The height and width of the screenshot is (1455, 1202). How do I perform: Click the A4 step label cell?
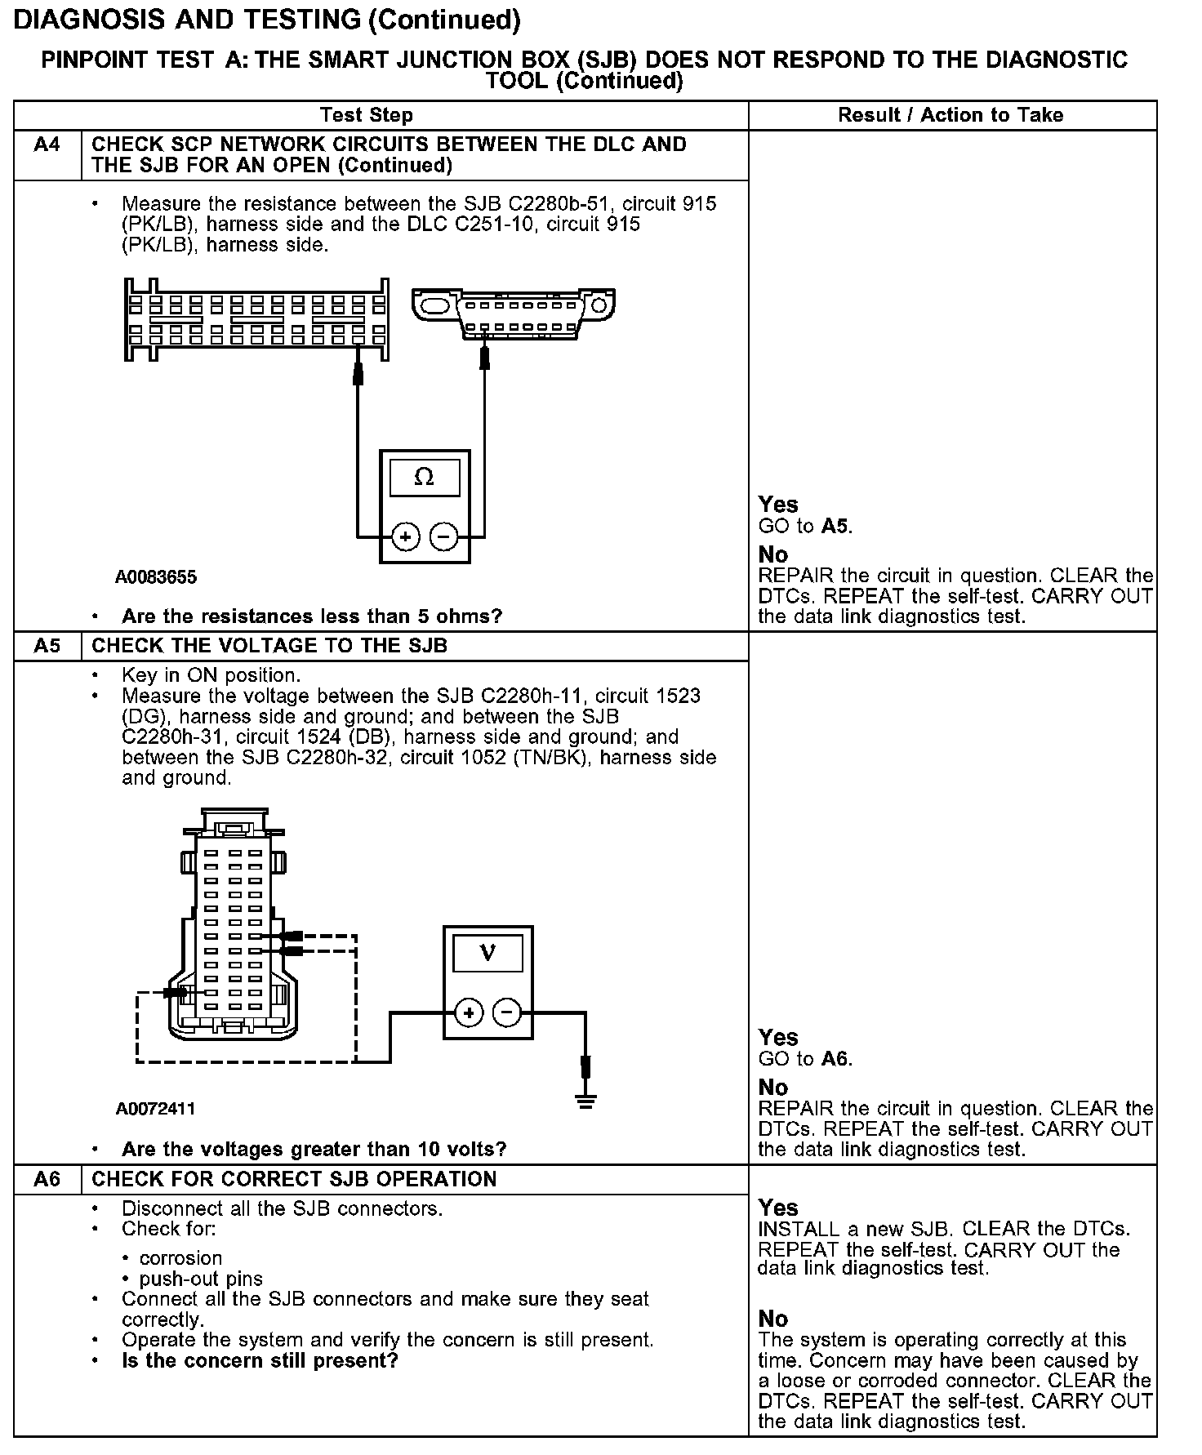pos(47,145)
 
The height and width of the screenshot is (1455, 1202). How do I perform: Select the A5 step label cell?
pos(47,646)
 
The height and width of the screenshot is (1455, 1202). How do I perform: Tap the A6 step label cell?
pos(47,1179)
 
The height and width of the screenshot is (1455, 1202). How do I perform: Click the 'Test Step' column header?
pos(367,115)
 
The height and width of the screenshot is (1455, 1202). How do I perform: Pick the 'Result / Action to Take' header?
pos(950,115)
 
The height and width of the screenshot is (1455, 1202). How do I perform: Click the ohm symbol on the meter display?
pos(425,477)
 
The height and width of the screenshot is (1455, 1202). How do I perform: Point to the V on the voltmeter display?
pos(487,953)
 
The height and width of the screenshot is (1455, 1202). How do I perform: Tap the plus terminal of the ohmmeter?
pos(406,536)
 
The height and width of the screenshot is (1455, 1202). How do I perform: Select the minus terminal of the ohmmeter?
pos(443,536)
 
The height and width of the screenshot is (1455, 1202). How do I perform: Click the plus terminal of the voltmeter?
pos(469,1013)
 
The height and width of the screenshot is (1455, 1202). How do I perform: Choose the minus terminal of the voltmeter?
pos(507,1013)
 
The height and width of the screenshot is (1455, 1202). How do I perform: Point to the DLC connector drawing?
pos(514,313)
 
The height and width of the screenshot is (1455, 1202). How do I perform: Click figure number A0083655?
pos(155,577)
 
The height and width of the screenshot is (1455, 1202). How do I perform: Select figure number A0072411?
pos(155,1109)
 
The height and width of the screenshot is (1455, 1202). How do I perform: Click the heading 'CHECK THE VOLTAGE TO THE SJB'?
pos(269,646)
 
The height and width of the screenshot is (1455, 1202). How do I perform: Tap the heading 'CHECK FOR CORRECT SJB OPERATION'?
pos(294,1179)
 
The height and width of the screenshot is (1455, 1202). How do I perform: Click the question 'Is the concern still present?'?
pos(260,1361)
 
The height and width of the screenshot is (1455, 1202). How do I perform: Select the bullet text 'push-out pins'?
pos(201,1279)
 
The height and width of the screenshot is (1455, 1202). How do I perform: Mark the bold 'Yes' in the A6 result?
pos(778,1207)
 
